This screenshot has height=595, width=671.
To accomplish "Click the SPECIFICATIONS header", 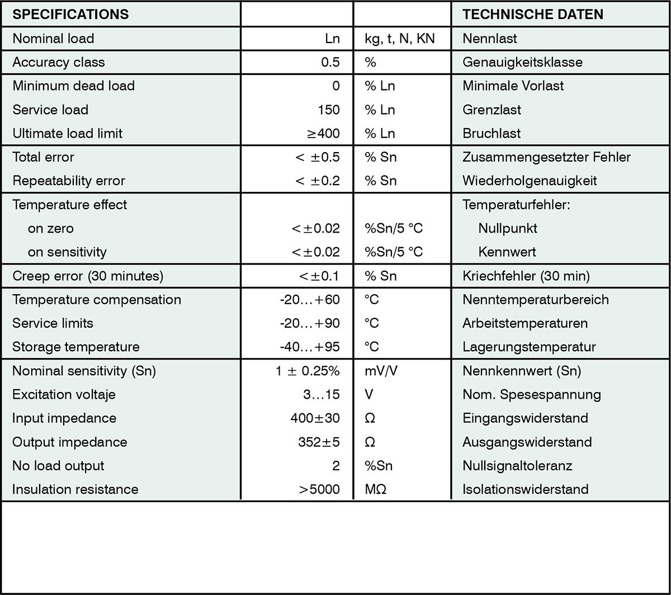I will tap(70, 15).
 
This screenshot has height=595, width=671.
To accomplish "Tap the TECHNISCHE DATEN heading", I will tap(533, 15).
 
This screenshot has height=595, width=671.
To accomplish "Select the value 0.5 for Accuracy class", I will tap(330, 62).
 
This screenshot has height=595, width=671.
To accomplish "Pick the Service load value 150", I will tap(328, 110).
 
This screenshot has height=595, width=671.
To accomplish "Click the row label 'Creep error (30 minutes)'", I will tap(88, 276).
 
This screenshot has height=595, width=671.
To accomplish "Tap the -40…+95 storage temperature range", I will tap(310, 347).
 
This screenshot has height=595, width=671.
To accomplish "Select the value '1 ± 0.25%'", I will tap(308, 371).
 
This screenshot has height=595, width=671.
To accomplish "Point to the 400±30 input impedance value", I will tap(315, 418).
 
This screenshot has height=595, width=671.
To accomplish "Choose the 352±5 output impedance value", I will tap(319, 442).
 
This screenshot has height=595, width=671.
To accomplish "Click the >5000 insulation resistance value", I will tap(319, 489).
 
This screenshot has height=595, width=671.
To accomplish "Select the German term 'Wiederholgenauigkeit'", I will tap(530, 181).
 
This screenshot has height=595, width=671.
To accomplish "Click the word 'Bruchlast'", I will tap(492, 133).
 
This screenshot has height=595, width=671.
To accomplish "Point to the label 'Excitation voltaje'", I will tap(64, 394).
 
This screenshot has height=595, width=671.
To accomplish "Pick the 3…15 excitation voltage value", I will tap(321, 394).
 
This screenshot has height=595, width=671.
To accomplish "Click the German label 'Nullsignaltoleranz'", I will tap(517, 466).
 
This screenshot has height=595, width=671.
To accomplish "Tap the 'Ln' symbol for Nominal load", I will tap(332, 39).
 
